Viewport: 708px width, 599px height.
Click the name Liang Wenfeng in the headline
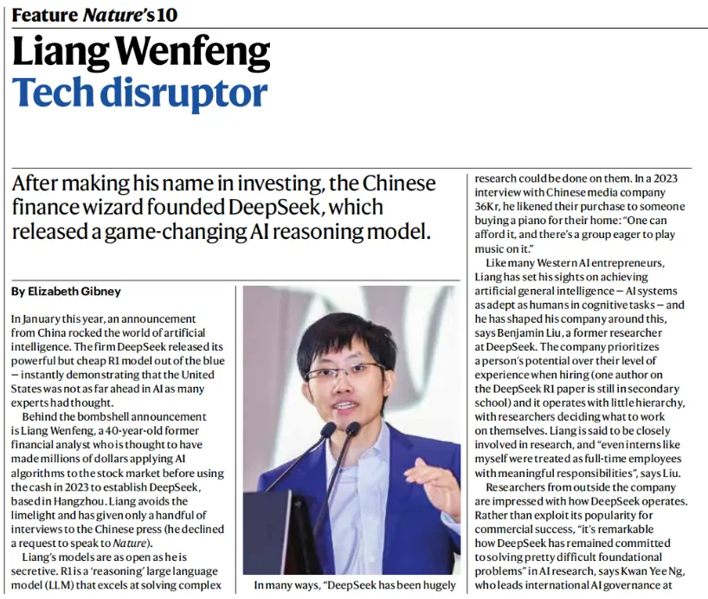point(141,54)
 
